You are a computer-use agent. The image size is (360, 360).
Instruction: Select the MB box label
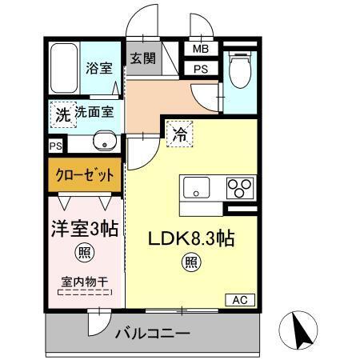point(198,49)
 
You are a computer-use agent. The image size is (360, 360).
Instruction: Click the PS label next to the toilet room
point(198,68)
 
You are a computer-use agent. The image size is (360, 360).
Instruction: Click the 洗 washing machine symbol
point(62,114)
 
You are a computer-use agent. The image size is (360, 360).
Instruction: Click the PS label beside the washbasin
point(54,146)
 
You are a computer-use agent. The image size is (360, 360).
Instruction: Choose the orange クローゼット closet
point(84,175)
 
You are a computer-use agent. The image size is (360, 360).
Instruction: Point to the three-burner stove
point(238,188)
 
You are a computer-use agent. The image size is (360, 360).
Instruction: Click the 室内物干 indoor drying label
point(83,282)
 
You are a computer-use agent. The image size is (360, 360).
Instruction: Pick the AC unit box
point(240,300)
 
